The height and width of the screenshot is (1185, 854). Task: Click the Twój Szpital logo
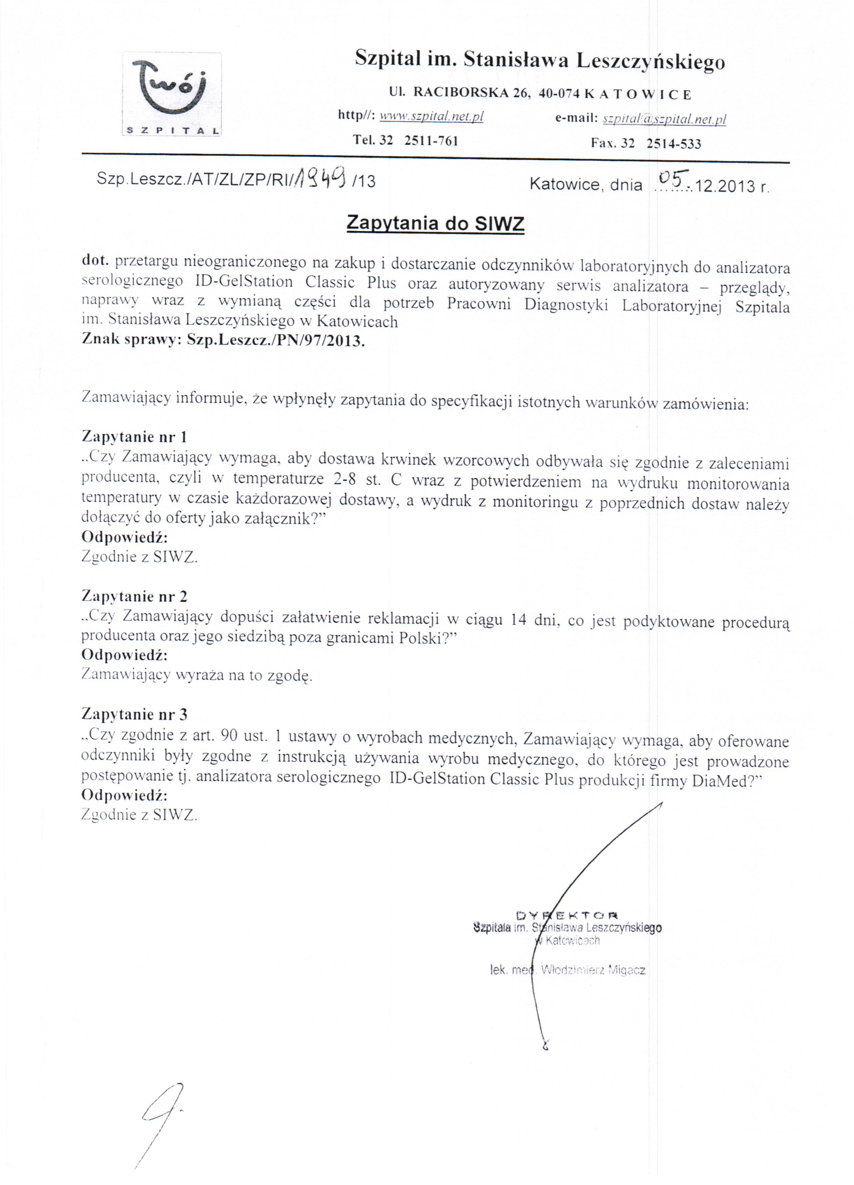point(172,94)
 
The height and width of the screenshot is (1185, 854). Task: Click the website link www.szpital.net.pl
point(431,117)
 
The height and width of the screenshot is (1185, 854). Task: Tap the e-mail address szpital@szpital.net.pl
point(664,119)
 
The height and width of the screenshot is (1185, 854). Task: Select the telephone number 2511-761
point(431,141)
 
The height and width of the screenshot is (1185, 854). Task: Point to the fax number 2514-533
point(674,144)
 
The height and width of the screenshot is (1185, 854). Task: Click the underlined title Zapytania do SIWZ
point(435,224)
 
